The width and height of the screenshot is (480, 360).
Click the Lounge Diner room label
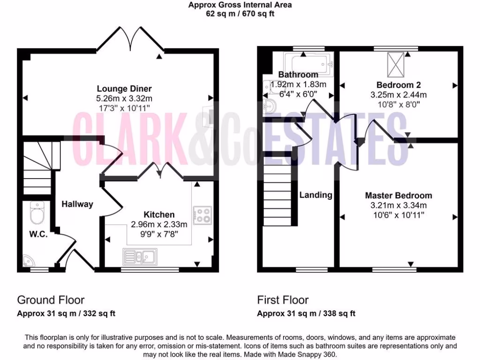(x=124, y=89)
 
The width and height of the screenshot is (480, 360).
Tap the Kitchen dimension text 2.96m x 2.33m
(x=159, y=224)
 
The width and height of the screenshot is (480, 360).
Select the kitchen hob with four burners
(x=202, y=215)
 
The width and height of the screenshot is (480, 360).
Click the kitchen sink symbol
(x=141, y=256)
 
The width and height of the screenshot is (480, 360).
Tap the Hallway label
(x=77, y=204)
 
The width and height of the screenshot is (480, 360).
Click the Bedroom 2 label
(x=398, y=85)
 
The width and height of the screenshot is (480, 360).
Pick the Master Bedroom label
(x=398, y=195)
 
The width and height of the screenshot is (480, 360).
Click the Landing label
(x=316, y=195)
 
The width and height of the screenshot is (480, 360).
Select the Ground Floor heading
(x=51, y=300)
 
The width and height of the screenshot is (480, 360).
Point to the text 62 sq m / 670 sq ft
(x=240, y=14)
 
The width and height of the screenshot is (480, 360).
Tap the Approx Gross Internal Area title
(x=240, y=5)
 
